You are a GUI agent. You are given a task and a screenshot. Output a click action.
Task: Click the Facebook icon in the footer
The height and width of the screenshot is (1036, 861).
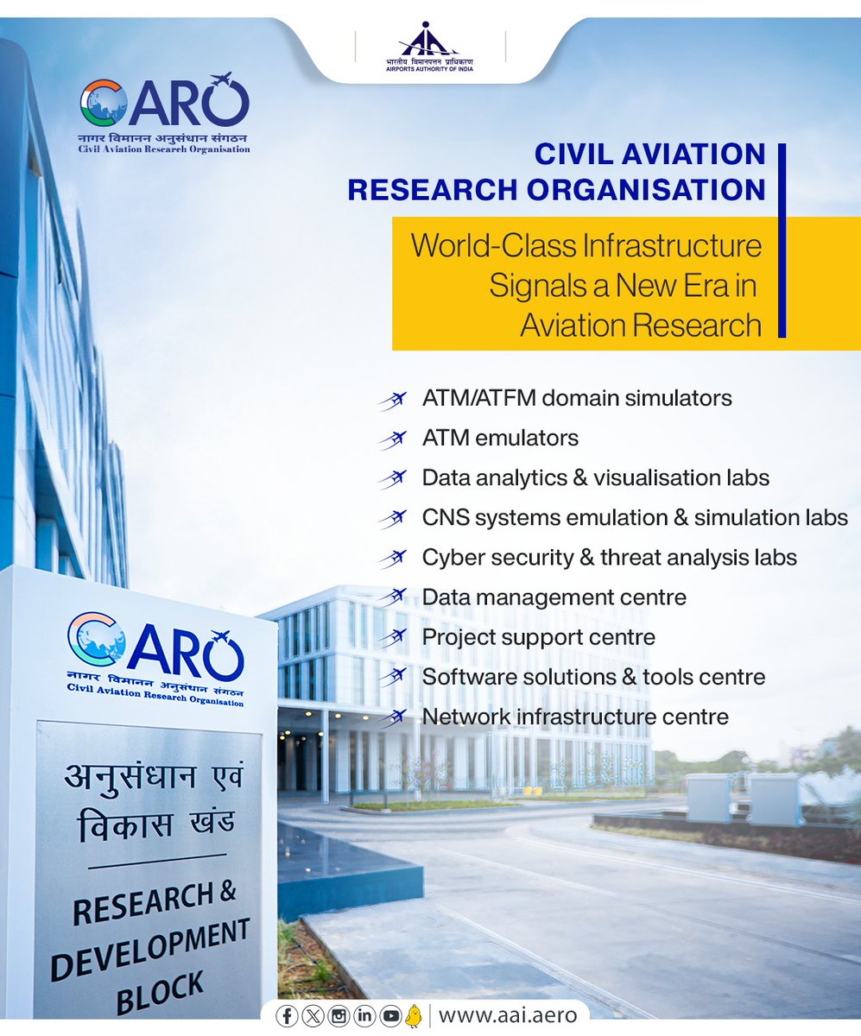[287, 1016]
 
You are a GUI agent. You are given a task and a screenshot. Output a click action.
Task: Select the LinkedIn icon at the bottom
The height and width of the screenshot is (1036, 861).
[364, 1016]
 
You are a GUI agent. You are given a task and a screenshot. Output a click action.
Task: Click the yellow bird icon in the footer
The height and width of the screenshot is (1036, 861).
[414, 1016]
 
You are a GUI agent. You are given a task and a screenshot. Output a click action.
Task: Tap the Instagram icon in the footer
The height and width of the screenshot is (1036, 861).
[339, 1016]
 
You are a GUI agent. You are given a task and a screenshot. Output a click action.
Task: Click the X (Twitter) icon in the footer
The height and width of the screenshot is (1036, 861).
[312, 1016]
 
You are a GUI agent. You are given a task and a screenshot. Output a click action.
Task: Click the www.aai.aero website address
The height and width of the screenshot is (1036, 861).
[507, 1015]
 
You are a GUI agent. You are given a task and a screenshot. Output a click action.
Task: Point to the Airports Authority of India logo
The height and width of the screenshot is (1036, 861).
[429, 48]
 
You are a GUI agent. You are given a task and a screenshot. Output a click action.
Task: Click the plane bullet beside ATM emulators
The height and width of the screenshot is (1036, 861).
[392, 439]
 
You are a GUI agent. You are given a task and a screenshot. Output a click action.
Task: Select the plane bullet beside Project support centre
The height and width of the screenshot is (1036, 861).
[392, 639]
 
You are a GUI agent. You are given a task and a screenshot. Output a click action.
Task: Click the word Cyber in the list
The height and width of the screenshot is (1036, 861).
[447, 558]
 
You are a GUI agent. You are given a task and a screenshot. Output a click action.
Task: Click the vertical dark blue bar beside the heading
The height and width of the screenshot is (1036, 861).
[782, 240]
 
